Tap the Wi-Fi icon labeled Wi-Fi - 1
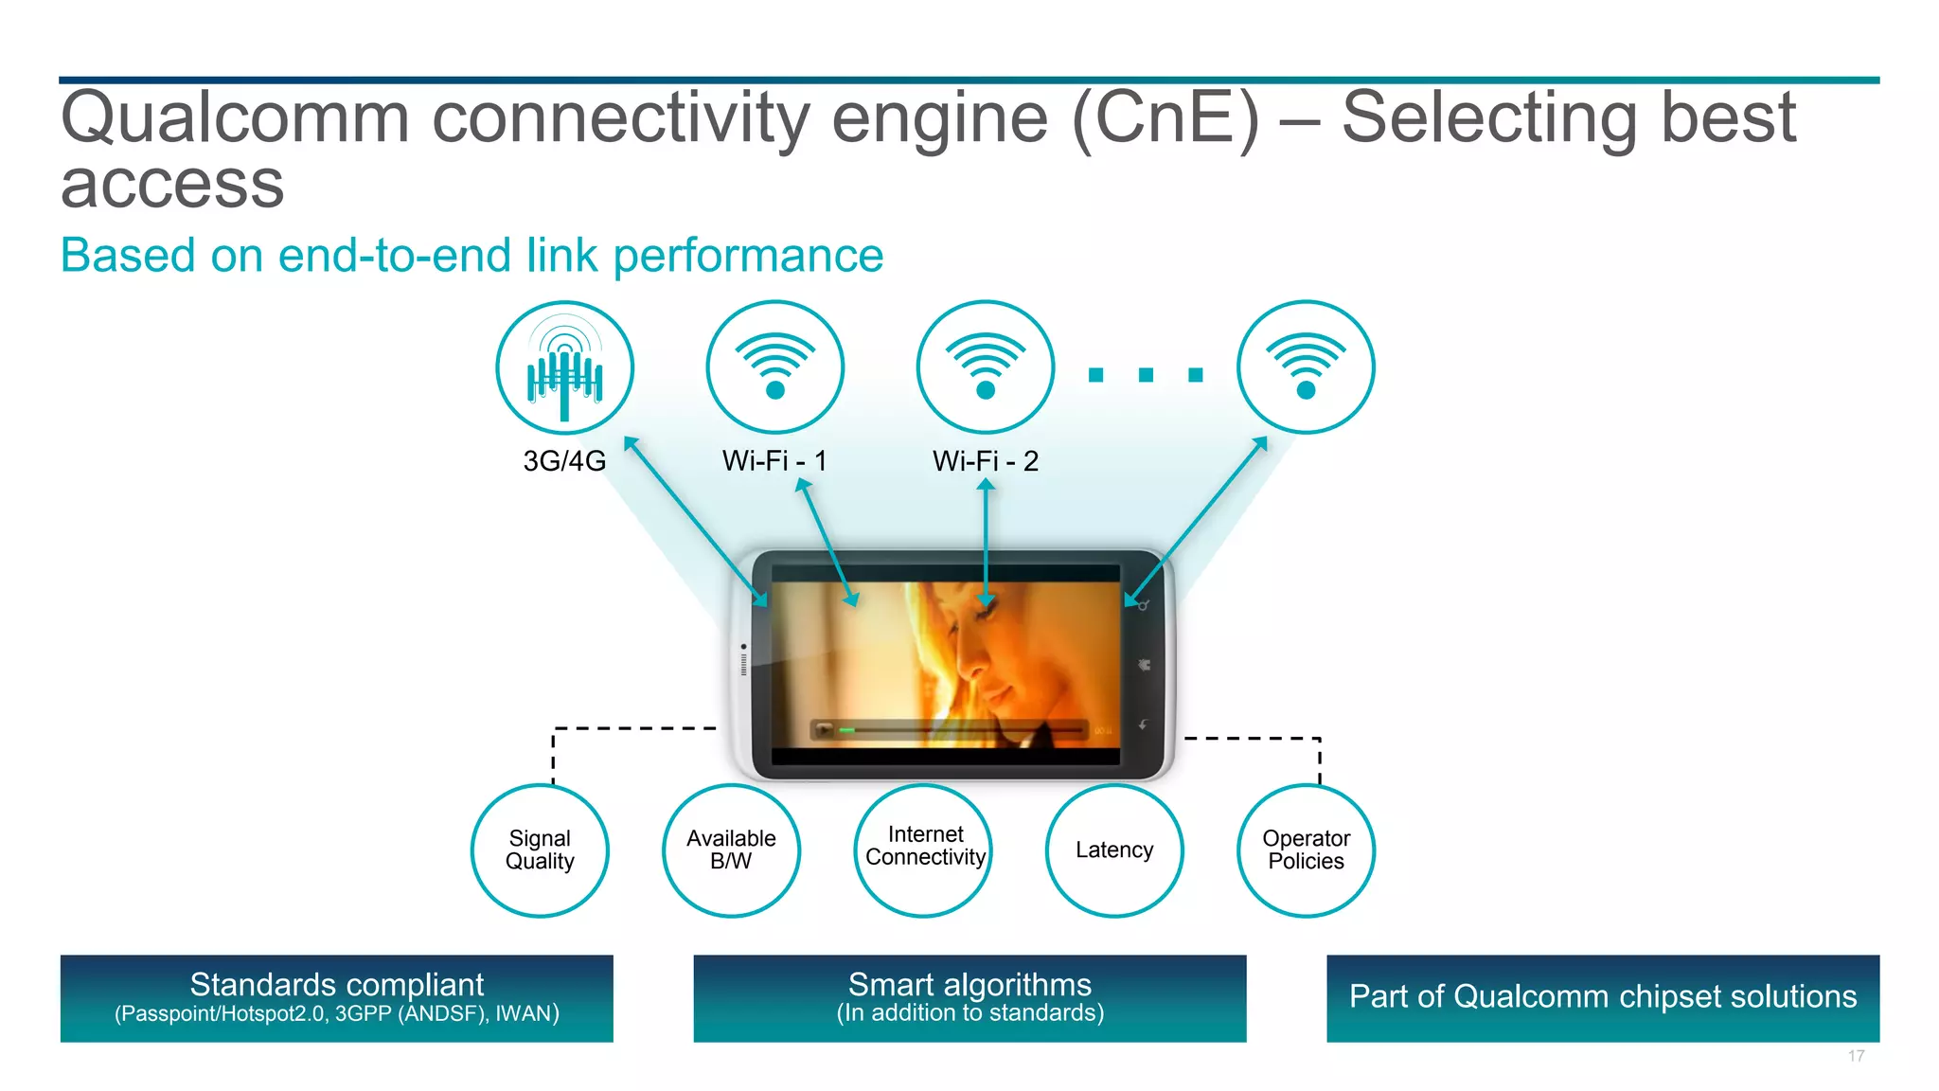[x=774, y=367]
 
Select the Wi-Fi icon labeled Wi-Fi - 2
[x=985, y=367]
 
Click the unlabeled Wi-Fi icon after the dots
[x=1306, y=367]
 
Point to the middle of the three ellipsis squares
[x=1146, y=375]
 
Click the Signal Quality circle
[x=540, y=850]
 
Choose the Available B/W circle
[x=731, y=850]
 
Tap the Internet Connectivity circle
[x=923, y=850]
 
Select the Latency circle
[x=1114, y=850]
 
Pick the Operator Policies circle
[x=1306, y=850]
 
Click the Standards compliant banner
[x=336, y=998]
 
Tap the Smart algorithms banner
[x=969, y=998]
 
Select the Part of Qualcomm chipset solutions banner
[x=1603, y=998]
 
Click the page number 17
[x=1856, y=1056]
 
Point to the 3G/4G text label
[x=564, y=461]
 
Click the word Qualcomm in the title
[x=235, y=119]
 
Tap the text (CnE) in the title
[x=1165, y=119]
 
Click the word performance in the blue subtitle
[x=748, y=256]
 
